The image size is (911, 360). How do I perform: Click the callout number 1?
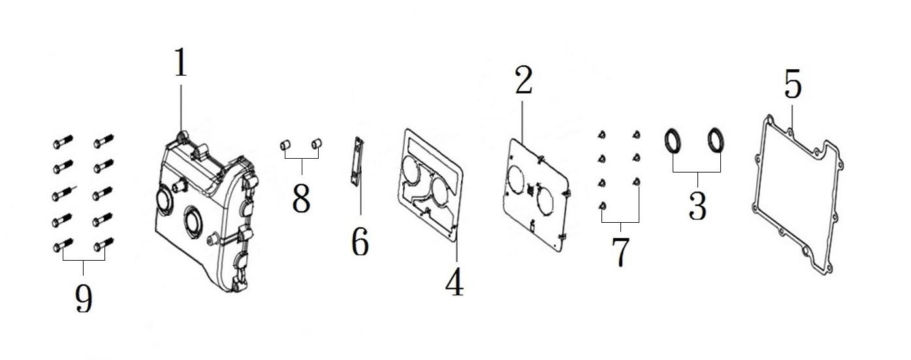pyautogui.click(x=181, y=62)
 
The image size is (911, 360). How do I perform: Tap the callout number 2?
pyautogui.click(x=524, y=80)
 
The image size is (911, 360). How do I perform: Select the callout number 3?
pyautogui.click(x=697, y=206)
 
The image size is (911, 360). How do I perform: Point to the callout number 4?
pyautogui.click(x=455, y=282)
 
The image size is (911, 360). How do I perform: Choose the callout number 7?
pyautogui.click(x=620, y=252)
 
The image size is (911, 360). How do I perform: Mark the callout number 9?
pyautogui.click(x=84, y=298)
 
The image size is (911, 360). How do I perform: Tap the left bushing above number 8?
pyautogui.click(x=285, y=145)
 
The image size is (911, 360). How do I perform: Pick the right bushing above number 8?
pyautogui.click(x=317, y=144)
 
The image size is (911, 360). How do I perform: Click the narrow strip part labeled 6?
pyautogui.click(x=355, y=161)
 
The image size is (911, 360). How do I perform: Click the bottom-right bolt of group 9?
pyautogui.click(x=103, y=244)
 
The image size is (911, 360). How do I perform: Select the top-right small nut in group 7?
pyautogui.click(x=637, y=135)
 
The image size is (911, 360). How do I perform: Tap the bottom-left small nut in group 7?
pyautogui.click(x=603, y=206)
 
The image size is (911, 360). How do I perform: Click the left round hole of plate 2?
pyautogui.click(x=516, y=181)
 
